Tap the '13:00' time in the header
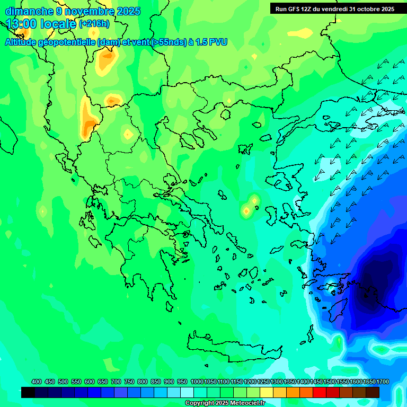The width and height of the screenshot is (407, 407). coord(21,23)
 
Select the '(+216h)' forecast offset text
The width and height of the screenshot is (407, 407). coord(94,24)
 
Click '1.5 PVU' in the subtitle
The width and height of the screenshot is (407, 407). coord(211,42)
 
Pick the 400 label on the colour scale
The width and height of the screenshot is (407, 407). coord(37,382)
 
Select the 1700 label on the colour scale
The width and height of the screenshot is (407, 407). coord(383,382)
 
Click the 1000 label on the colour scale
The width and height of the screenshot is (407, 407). coord(197,382)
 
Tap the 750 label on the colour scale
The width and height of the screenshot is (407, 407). coord(129,382)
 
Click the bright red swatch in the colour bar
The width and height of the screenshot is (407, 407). coord(320,392)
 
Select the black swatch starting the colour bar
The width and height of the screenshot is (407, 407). coord(28,392)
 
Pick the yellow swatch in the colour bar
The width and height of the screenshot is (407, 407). coord(267,392)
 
